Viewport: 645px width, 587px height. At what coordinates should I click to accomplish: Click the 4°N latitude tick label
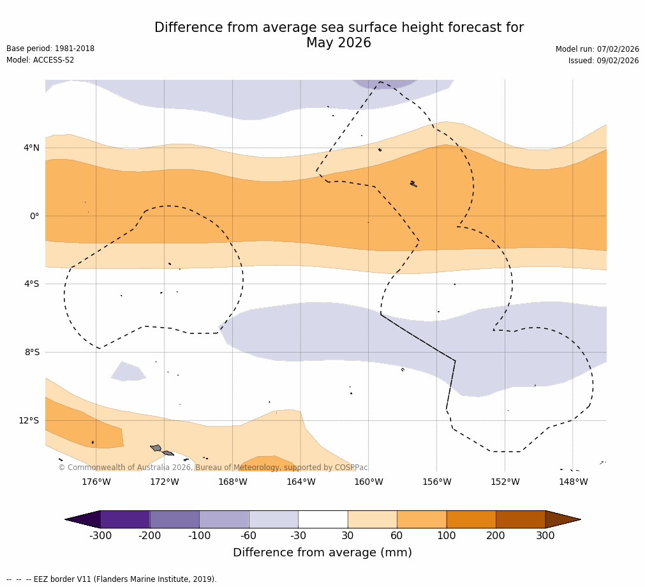[x=31, y=148]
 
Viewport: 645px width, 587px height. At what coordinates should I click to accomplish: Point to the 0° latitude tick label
[x=34, y=216]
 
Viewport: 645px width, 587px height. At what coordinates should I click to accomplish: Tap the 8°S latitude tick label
[x=32, y=353]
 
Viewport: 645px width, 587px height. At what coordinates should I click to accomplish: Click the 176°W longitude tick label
[x=96, y=482]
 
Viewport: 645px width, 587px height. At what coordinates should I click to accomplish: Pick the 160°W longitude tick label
[x=368, y=482]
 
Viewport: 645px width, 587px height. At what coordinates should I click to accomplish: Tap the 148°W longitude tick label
[x=573, y=482]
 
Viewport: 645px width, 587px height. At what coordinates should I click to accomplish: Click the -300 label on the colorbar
[x=100, y=536]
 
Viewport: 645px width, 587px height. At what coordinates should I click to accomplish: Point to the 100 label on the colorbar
[x=446, y=536]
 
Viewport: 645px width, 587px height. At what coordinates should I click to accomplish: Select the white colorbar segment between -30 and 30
[x=323, y=519]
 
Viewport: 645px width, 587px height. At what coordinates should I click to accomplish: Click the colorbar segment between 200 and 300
[x=521, y=519]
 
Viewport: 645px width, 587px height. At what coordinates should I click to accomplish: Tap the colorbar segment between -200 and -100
[x=174, y=519]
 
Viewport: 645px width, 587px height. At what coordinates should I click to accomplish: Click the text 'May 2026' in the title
[x=338, y=43]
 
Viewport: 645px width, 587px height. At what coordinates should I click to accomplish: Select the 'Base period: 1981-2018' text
[x=50, y=49]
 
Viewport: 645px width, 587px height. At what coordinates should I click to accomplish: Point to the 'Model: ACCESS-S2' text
[x=40, y=60]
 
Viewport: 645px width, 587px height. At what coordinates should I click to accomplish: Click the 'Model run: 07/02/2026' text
[x=597, y=49]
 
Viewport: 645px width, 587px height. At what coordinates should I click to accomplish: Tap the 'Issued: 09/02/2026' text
[x=603, y=61]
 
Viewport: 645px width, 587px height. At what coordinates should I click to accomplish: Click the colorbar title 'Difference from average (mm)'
[x=322, y=553]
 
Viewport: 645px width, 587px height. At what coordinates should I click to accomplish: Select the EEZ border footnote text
[x=112, y=579]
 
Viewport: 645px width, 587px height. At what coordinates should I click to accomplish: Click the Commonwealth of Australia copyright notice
[x=213, y=468]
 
